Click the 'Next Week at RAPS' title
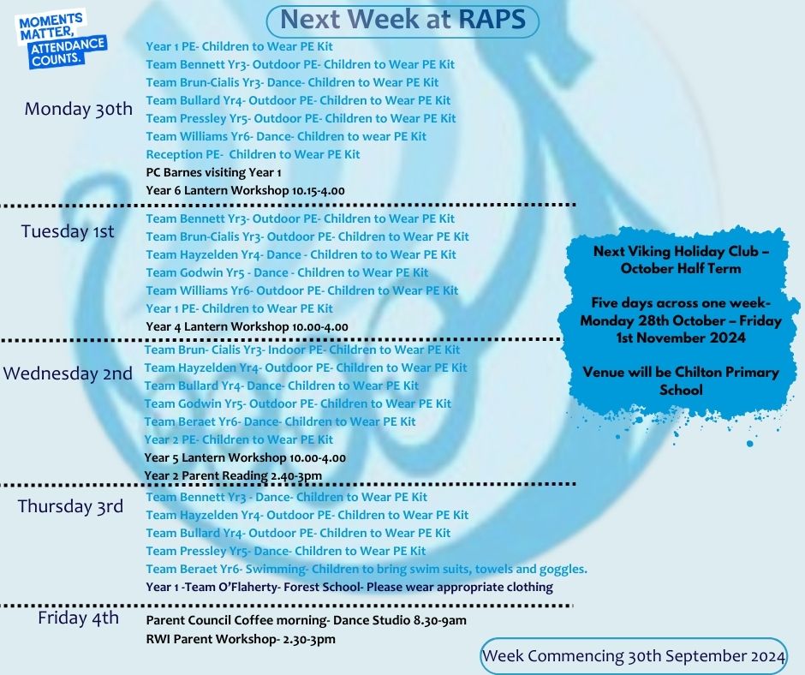pyautogui.click(x=402, y=20)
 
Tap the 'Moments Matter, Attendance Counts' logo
pyautogui.click(x=62, y=40)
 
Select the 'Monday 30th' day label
pyautogui.click(x=79, y=109)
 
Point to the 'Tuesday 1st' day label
pyautogui.click(x=68, y=231)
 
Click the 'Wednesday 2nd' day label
pyautogui.click(x=68, y=373)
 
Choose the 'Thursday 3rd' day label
pyautogui.click(x=70, y=506)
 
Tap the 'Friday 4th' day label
pyautogui.click(x=78, y=618)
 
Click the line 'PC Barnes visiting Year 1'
pyautogui.click(x=213, y=172)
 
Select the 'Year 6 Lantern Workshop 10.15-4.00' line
pyautogui.click(x=246, y=190)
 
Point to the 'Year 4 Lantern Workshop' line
pyautogui.click(x=247, y=326)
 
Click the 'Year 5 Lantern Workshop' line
pyautogui.click(x=245, y=457)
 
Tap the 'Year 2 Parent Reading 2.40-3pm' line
pyautogui.click(x=233, y=475)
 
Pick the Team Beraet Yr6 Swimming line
pyautogui.click(x=367, y=569)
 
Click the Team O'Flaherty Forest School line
pyautogui.click(x=349, y=587)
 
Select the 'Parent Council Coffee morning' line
pyautogui.click(x=306, y=620)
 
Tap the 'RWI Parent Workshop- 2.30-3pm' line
pyautogui.click(x=241, y=640)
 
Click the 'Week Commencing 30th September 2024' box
pyautogui.click(x=634, y=656)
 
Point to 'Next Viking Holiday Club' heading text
pyautogui.click(x=681, y=251)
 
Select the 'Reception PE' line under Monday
pyautogui.click(x=253, y=155)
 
